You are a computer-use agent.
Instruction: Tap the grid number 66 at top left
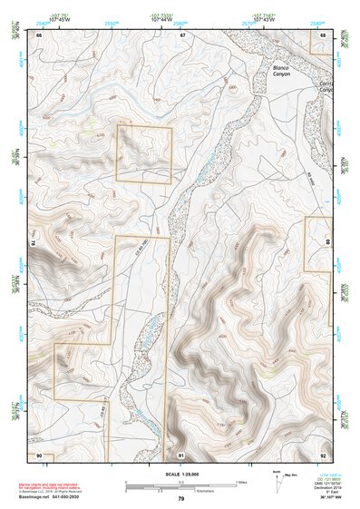[39, 34]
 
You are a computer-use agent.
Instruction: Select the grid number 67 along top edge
[182, 34]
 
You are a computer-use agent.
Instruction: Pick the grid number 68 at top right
[324, 34]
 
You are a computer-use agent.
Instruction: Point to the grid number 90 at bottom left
[39, 454]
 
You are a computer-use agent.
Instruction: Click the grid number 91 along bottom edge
[181, 454]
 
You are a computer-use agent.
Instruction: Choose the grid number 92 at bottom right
[324, 454]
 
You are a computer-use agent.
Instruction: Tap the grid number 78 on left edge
[34, 244]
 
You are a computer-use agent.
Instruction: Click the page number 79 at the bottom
[181, 498]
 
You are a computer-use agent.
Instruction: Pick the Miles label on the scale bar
[240, 481]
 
